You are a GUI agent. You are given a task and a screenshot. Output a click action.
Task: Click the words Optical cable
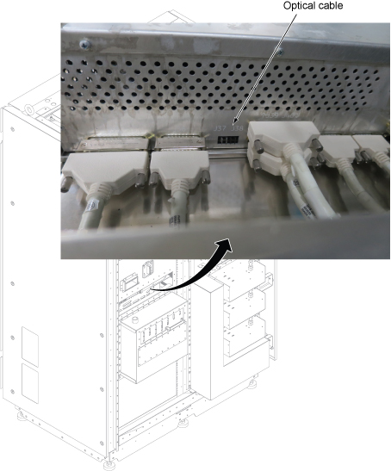pyautogui.click(x=313, y=5)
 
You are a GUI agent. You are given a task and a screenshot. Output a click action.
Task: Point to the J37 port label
pyautogui.click(x=220, y=128)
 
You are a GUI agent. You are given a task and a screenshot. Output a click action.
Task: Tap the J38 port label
pyautogui.click(x=237, y=128)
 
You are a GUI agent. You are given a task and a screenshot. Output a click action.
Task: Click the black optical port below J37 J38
pyautogui.click(x=228, y=140)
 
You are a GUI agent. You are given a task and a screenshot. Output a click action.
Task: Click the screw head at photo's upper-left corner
pyautogui.click(x=85, y=45)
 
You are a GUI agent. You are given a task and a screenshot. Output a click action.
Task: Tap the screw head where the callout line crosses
pyautogui.click(x=280, y=53)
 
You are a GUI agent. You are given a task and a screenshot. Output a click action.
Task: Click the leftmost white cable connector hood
pyautogui.click(x=103, y=168)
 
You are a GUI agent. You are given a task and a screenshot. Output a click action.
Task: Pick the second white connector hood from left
pyautogui.click(x=179, y=166)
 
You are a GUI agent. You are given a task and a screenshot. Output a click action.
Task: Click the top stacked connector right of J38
pyautogui.click(x=283, y=134)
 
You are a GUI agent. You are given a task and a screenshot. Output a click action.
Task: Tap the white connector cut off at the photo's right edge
pyautogui.click(x=372, y=146)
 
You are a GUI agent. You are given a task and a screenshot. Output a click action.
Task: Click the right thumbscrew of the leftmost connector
pyautogui.click(x=140, y=181)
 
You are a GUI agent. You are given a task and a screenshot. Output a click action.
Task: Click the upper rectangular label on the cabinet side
pyautogui.click(x=30, y=347)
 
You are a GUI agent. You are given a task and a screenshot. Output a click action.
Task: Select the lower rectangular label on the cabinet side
pyautogui.click(x=30, y=383)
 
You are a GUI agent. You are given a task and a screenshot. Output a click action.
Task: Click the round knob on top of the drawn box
pyautogui.click(x=136, y=319)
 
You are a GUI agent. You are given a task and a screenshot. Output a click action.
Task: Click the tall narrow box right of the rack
pyautogui.click(x=208, y=342)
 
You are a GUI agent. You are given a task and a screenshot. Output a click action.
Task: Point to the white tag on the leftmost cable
pyautogui.click(x=92, y=208)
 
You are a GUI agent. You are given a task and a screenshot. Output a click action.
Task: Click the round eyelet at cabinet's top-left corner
pyautogui.click(x=29, y=110)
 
